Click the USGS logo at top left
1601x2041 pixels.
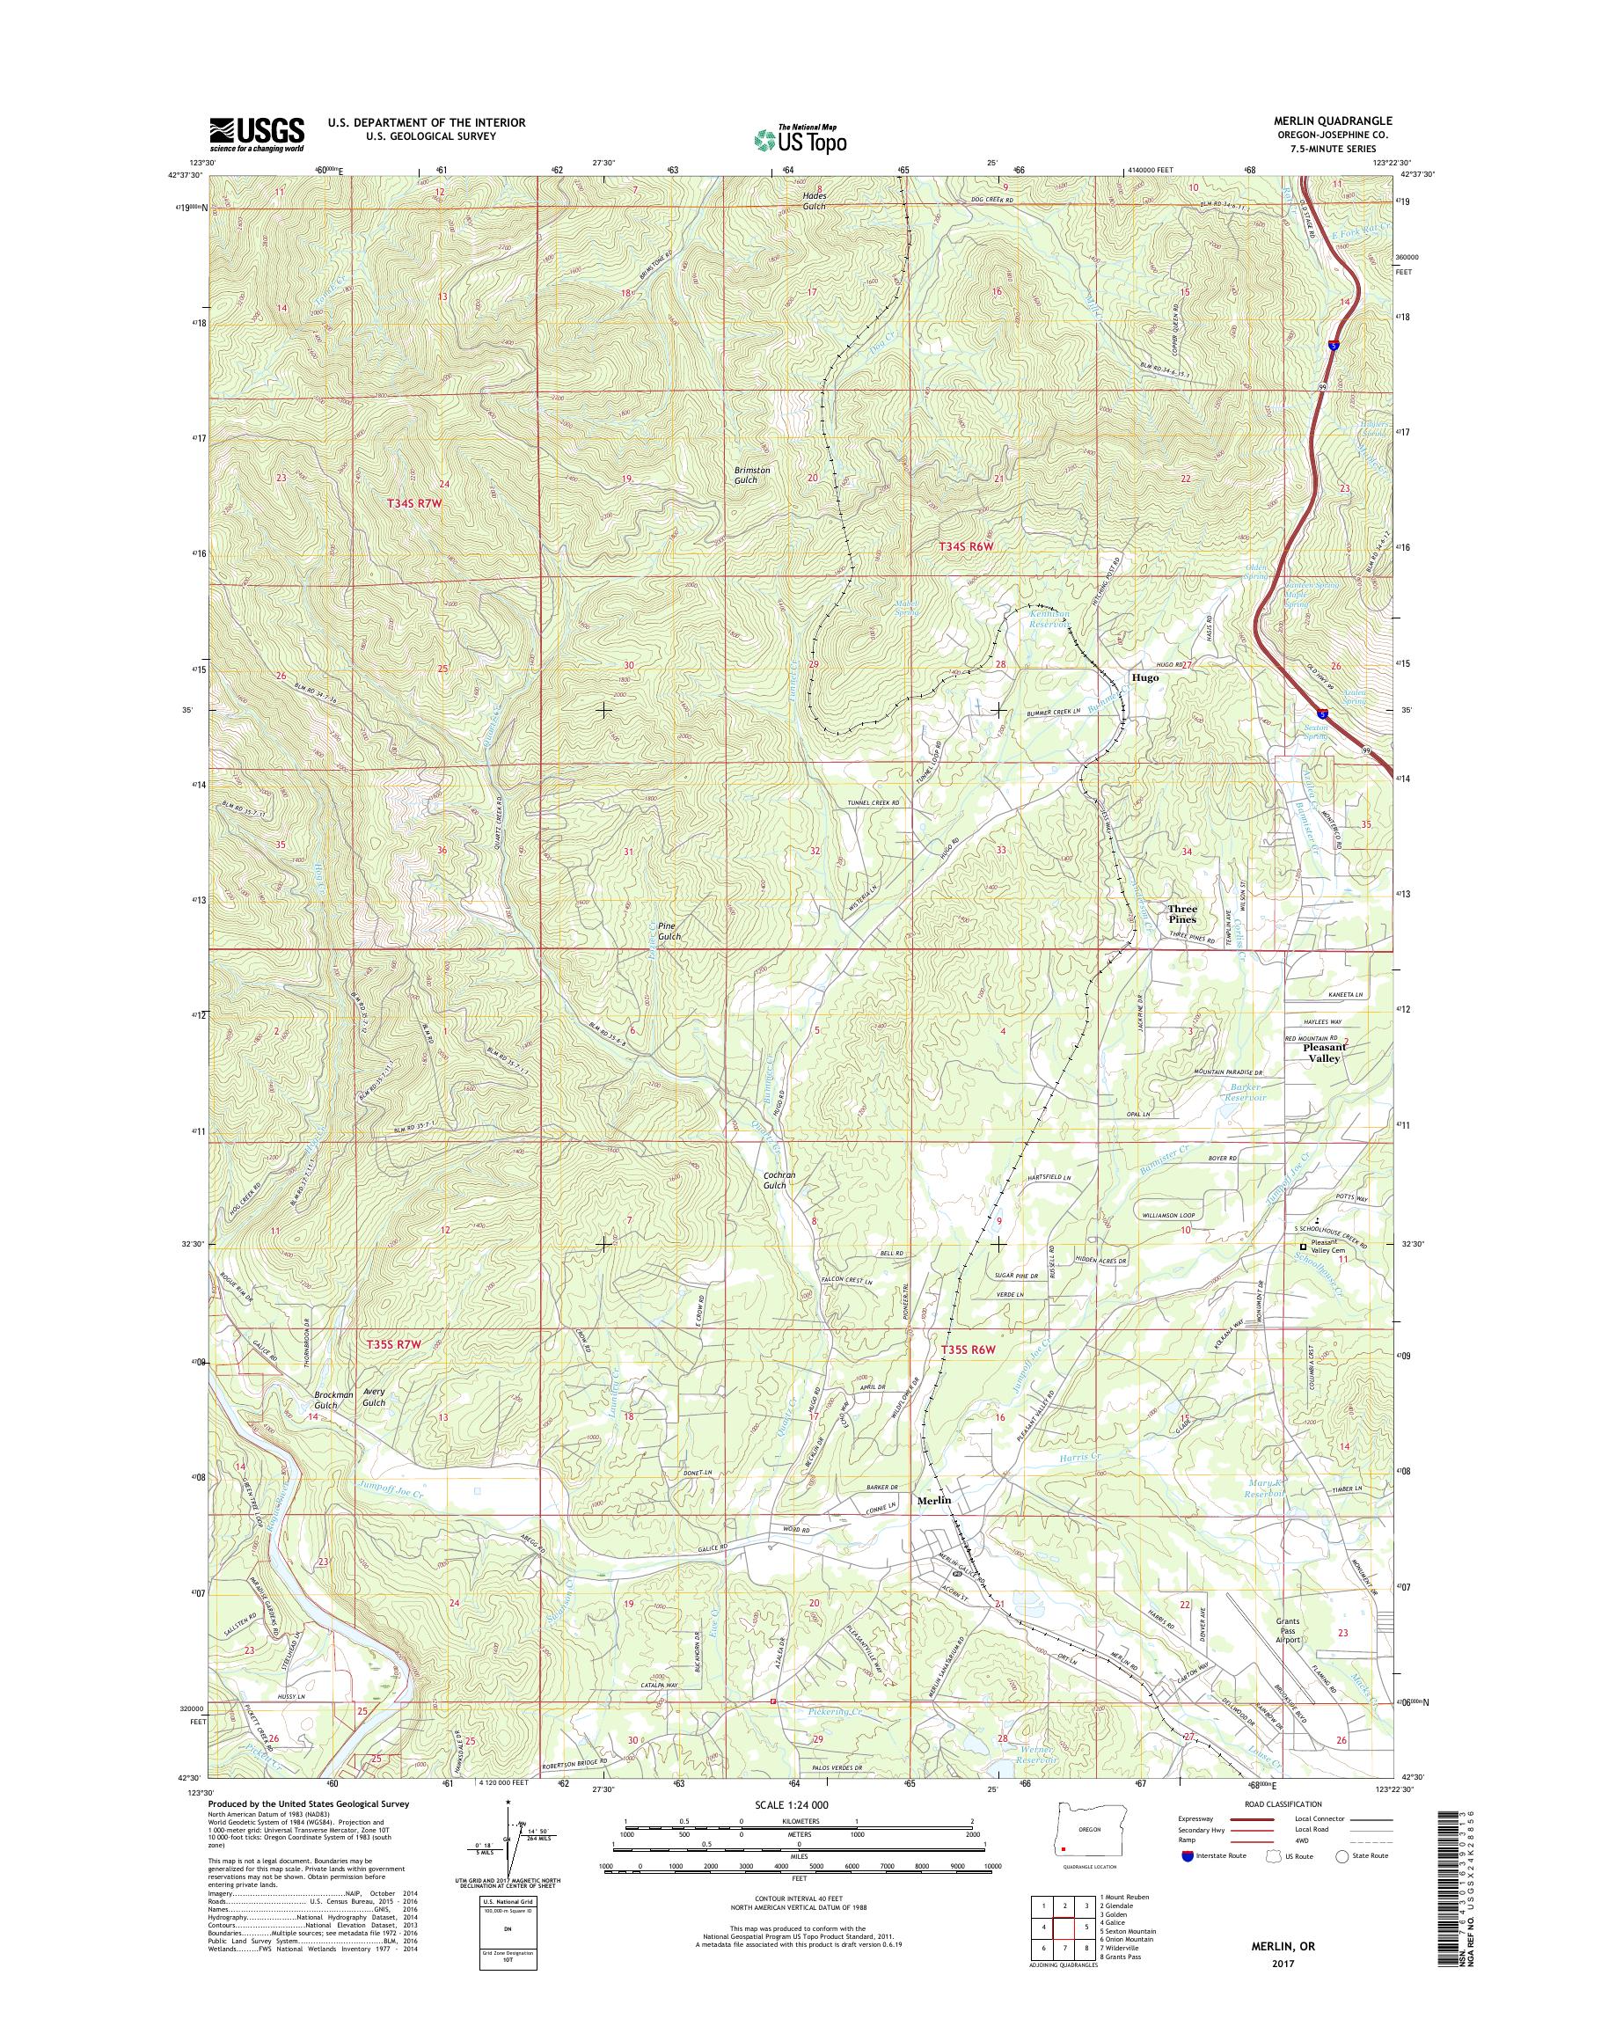pyautogui.click(x=256, y=134)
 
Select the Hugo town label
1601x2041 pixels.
pyautogui.click(x=1144, y=677)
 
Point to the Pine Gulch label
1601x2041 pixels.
pyautogui.click(x=669, y=931)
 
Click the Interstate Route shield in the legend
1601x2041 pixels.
pyautogui.click(x=1188, y=1855)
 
